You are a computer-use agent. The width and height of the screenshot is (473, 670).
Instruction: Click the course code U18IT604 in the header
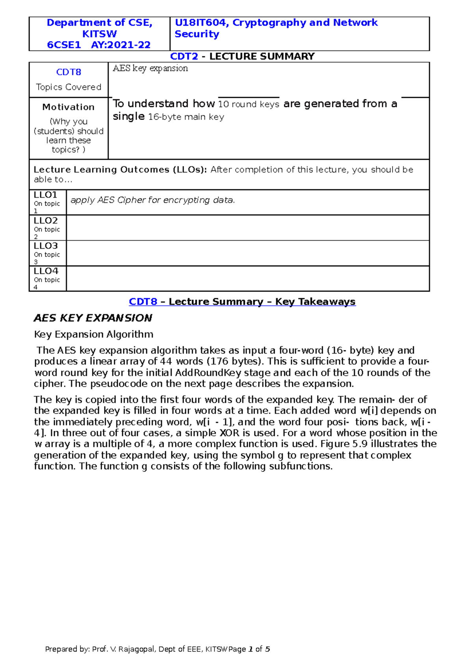(201, 23)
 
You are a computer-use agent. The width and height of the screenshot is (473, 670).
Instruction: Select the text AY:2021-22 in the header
(121, 45)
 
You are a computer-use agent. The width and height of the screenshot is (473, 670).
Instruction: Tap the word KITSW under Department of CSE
(99, 34)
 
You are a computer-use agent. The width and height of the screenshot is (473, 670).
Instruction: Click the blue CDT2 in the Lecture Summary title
(184, 56)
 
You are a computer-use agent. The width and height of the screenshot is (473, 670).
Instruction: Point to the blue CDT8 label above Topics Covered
(69, 72)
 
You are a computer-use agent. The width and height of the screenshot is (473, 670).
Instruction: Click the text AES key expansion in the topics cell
(150, 68)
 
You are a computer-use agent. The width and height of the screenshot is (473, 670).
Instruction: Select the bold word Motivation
(69, 107)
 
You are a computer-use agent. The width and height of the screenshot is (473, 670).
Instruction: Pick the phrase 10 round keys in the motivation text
(248, 105)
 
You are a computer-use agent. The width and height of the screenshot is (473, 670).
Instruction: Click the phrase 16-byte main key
(186, 117)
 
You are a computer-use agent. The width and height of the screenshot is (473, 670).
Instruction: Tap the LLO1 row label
(45, 195)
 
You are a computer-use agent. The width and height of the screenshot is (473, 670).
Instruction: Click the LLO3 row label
(45, 246)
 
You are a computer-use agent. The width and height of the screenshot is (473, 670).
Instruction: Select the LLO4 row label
(46, 271)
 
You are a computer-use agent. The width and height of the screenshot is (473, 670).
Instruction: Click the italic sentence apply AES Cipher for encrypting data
(153, 200)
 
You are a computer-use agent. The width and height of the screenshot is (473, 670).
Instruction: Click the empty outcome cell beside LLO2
(248, 228)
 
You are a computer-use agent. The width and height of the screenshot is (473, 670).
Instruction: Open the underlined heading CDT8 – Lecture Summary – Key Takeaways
(242, 302)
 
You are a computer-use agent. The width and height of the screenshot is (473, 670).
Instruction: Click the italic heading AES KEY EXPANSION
(93, 318)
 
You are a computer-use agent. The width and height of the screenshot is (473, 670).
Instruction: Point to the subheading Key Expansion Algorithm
(93, 335)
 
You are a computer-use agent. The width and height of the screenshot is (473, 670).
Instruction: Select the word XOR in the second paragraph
(229, 433)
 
